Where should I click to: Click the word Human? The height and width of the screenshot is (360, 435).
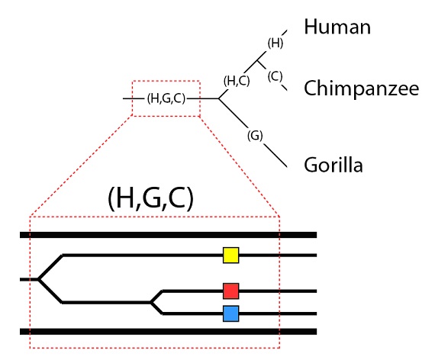coord(337,27)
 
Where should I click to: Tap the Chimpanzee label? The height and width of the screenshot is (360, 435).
coord(361,88)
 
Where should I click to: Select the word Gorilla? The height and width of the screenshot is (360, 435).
coord(333,165)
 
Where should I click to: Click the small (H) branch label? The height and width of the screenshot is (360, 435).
coord(275,43)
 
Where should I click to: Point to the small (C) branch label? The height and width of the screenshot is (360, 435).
coord(275,76)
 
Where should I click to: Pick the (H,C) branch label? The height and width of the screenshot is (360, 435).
coord(237,81)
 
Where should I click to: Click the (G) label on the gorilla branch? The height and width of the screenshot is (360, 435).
coord(255,136)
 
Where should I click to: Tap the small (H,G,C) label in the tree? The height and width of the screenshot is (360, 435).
coord(166,98)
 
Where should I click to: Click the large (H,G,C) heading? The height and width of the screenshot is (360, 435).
coord(150,198)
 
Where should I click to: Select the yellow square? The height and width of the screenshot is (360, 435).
coord(230,256)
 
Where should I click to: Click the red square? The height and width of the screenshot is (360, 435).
coord(230,291)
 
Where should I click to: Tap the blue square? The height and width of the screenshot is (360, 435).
coord(230,313)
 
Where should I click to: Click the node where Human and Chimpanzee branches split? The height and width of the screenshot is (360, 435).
coord(257,60)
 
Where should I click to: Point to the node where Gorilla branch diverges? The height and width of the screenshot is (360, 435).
coord(219,98)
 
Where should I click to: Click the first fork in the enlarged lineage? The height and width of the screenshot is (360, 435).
coord(39,279)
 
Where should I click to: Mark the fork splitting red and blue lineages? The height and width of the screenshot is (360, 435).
coord(151,302)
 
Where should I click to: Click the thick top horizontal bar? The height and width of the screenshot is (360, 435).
coord(168,235)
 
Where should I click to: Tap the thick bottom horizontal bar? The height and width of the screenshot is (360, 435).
coord(168,332)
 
